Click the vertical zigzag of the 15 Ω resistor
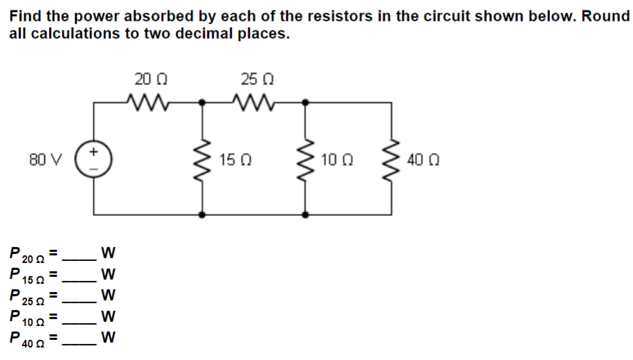[x=203, y=159]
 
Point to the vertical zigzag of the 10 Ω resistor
[x=306, y=159]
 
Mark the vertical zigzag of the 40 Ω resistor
[x=393, y=159]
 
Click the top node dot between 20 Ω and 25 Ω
[x=203, y=102]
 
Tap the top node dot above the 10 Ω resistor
[x=306, y=102]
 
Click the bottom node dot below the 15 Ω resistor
[x=203, y=215]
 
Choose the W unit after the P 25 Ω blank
[x=107, y=296]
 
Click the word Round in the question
[x=605, y=16]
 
